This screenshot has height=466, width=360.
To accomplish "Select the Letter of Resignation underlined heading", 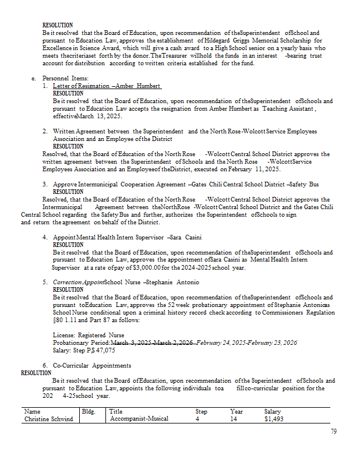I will point(107,86).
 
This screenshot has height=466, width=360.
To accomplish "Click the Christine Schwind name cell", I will point(50,418).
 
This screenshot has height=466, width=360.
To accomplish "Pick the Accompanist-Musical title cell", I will point(139,418).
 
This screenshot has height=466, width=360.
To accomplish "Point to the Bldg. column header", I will point(89,411).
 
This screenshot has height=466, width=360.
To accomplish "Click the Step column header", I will point(201,411).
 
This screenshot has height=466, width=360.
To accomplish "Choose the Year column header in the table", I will point(236,411).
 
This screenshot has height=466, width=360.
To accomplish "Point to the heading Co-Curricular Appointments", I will point(92,365).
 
